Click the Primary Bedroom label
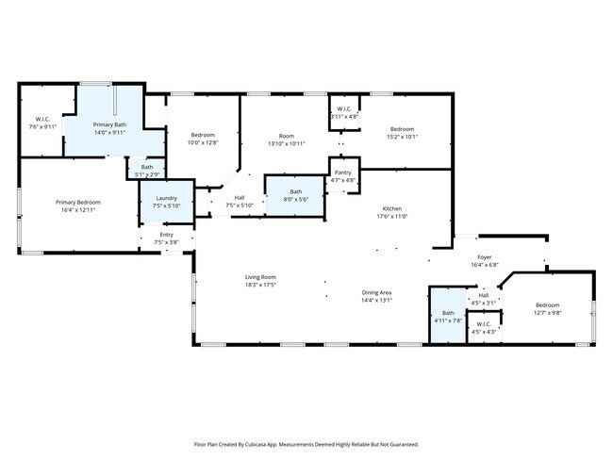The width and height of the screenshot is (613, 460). (77, 203)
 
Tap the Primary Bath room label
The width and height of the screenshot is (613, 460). (109, 125)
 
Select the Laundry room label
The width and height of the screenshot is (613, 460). (166, 198)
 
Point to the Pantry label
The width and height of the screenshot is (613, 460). (342, 172)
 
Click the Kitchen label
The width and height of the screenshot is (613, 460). (392, 208)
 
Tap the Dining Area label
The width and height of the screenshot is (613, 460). (376, 293)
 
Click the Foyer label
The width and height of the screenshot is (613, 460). (484, 257)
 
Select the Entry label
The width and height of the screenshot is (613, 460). (166, 235)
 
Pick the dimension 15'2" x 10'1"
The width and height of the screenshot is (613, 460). (403, 136)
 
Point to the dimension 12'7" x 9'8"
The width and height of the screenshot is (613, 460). (547, 312)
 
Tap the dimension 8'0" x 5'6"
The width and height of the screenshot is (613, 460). (295, 199)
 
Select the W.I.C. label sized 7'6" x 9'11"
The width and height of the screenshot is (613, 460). (42, 126)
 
